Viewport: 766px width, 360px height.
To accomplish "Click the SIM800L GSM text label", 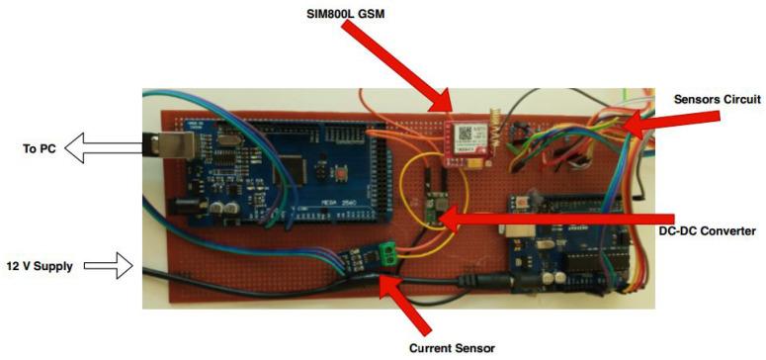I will point(358,15).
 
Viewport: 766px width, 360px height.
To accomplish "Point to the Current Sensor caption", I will point(451,348).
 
